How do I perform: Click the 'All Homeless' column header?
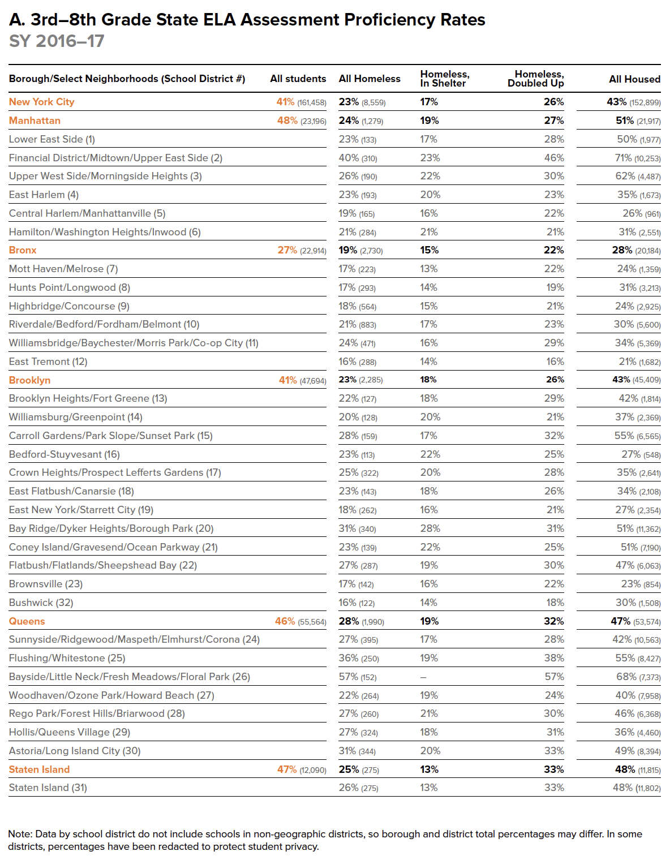click(369, 79)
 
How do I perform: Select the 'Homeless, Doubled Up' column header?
click(535, 79)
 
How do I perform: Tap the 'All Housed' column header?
click(634, 79)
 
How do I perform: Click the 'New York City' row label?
click(41, 102)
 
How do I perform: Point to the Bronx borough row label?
click(23, 250)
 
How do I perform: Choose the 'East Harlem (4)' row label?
click(44, 195)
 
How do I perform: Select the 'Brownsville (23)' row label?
click(46, 584)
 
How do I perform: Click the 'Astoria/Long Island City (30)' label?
click(75, 751)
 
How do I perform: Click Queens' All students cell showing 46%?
click(285, 621)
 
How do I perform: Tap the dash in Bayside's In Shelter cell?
click(423, 677)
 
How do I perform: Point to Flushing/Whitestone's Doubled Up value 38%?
click(554, 658)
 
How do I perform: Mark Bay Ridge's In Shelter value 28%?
click(430, 528)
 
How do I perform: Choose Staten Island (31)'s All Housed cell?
click(637, 788)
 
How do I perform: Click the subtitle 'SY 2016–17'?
click(57, 41)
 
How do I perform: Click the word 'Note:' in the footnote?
click(20, 834)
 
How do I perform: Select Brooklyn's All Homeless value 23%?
click(348, 380)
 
